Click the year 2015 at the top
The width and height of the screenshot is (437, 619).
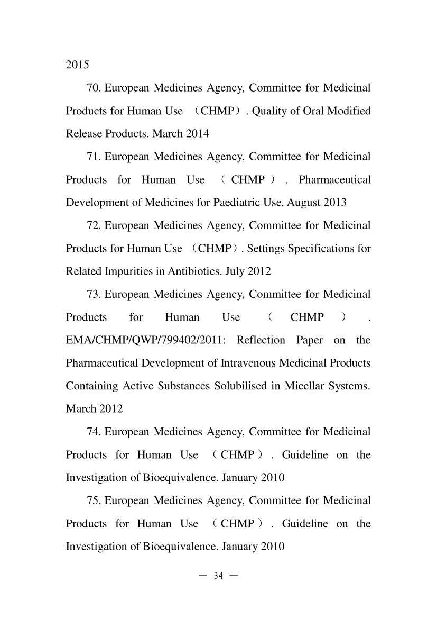pyautogui.click(x=77, y=66)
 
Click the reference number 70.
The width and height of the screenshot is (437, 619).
pyautogui.click(x=93, y=88)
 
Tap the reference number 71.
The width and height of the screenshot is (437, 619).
pyautogui.click(x=93, y=157)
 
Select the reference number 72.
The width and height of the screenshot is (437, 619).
pyautogui.click(x=93, y=225)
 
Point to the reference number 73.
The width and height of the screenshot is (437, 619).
pyautogui.click(x=93, y=294)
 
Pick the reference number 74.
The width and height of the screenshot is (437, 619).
pyautogui.click(x=93, y=432)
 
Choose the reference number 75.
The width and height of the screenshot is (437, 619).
pyautogui.click(x=93, y=500)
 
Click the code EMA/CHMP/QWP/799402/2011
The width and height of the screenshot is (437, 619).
pyautogui.click(x=145, y=340)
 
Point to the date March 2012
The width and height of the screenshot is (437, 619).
pyautogui.click(x=94, y=409)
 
